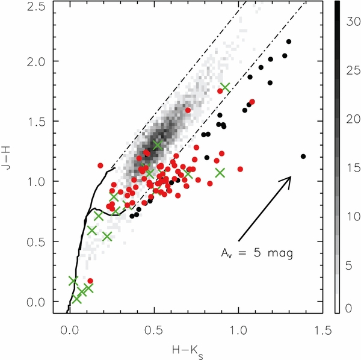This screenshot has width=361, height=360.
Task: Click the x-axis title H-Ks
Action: (x=196, y=350)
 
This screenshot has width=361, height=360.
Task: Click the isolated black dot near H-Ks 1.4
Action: (x=303, y=157)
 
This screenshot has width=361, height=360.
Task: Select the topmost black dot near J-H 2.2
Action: (x=289, y=42)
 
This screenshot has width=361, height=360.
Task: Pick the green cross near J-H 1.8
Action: (x=225, y=87)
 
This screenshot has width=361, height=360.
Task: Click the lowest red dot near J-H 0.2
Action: (x=90, y=281)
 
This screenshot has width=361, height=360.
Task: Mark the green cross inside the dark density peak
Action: (x=158, y=145)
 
